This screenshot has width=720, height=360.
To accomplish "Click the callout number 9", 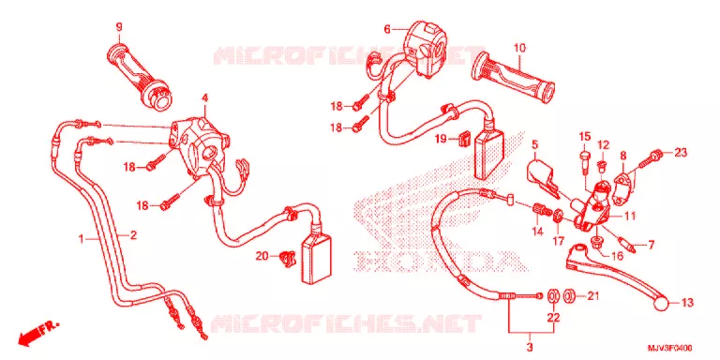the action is pos(119,27).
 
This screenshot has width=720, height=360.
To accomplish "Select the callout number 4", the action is pos(205,97).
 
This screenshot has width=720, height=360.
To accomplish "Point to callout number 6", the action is pos(387,30).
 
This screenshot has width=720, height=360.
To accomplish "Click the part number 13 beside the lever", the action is pos(687,303).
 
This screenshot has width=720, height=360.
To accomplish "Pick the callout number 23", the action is pos(681,154).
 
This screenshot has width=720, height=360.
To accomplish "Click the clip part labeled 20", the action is pos(287,259).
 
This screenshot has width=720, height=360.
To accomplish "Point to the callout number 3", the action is pos(529,346).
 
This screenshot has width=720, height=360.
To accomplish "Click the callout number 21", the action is pos(593,297).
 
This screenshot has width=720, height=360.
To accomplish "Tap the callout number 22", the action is pos(554,317).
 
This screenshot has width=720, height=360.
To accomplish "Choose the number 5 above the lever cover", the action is pos(534,145).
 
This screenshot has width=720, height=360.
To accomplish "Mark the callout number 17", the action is pos(558,240).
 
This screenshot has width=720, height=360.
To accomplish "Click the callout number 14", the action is pos(537,232).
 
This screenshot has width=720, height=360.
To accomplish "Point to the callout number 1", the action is pos(81,239).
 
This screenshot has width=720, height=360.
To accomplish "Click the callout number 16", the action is pos(617,255).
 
